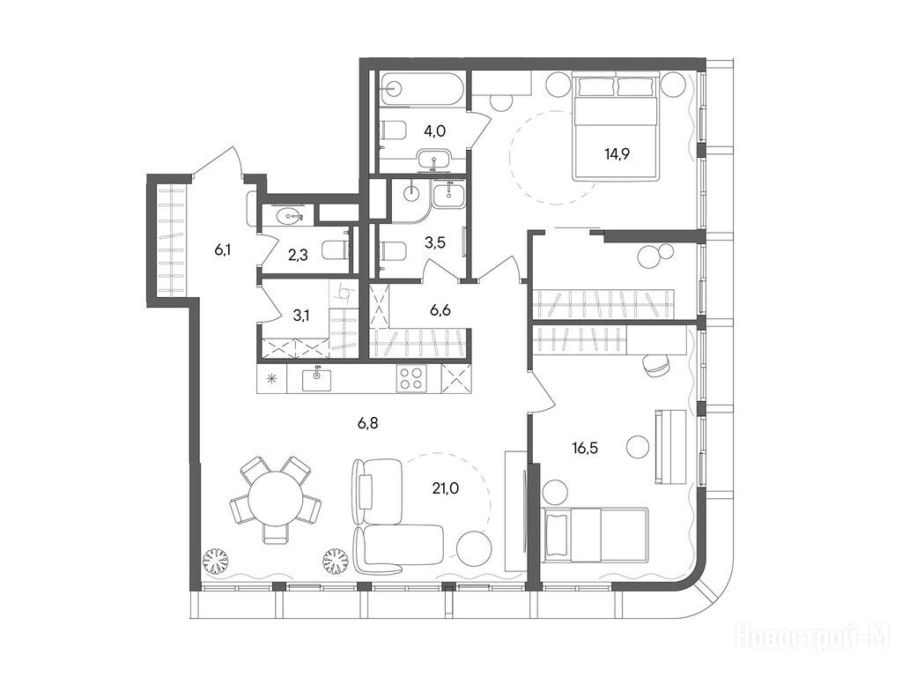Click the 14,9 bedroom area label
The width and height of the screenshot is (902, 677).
coord(616,154)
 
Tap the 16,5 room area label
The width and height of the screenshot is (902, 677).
coord(585,447)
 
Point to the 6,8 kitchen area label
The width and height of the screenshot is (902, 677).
coord(367,424)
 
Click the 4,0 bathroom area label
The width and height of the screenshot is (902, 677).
coord(434,130)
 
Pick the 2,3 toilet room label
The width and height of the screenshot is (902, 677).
coord(298,254)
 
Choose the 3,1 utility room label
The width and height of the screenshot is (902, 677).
coord(300,315)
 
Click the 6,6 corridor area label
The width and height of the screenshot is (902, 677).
coord(440,310)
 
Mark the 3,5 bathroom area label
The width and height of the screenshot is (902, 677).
coord(435,242)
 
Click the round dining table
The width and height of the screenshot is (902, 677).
coord(275,498)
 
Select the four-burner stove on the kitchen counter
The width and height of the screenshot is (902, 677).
coord(412,378)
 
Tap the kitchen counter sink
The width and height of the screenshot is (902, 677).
coord(317,379)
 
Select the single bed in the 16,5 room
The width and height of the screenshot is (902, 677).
coord(595,534)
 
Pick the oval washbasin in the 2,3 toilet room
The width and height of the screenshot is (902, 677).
coord(289,217)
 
